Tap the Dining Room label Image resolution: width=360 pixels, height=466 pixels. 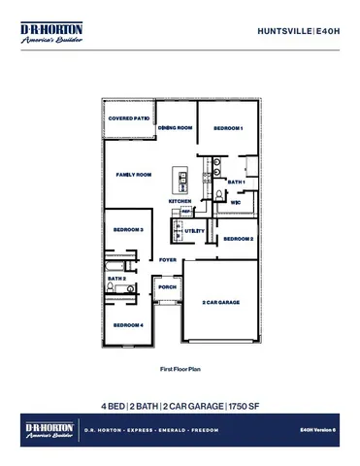(x=177, y=127)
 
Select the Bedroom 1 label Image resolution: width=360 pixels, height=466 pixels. (x=228, y=128)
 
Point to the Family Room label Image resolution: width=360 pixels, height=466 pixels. (x=135, y=175)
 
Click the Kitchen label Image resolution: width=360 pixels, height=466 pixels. (x=180, y=201)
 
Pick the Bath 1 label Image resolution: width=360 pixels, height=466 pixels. (x=236, y=182)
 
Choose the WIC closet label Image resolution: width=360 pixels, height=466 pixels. (x=236, y=202)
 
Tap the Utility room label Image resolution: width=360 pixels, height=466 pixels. (x=194, y=230)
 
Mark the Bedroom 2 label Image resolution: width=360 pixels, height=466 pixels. (x=239, y=238)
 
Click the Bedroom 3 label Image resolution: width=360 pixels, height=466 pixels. (x=129, y=230)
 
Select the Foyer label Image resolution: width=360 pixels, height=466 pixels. (x=168, y=260)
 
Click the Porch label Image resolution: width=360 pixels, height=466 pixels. (x=167, y=287)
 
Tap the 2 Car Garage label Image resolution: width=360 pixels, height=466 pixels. (x=220, y=303)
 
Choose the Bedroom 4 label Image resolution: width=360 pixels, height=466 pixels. (x=128, y=324)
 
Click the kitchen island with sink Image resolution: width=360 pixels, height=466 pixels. (x=180, y=179)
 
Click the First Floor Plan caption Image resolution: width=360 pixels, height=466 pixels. (x=180, y=370)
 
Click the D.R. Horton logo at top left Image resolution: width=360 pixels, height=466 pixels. (x=51, y=34)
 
